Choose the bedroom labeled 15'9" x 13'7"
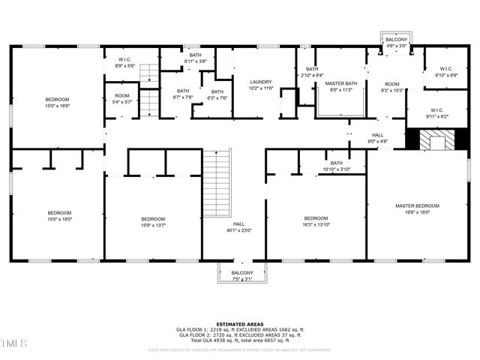tap(153, 222)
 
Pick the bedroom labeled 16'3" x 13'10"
tap(316, 222)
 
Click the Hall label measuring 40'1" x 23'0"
tap(238, 228)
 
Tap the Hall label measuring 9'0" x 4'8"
tap(377, 138)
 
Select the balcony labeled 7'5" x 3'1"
tap(241, 275)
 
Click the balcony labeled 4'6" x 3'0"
tap(396, 43)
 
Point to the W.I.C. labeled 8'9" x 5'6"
tap(125, 63)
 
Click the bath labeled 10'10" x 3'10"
tap(336, 166)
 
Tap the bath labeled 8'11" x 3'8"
tap(195, 58)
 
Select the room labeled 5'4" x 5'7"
tap(122, 99)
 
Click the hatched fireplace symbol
tap(433, 139)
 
